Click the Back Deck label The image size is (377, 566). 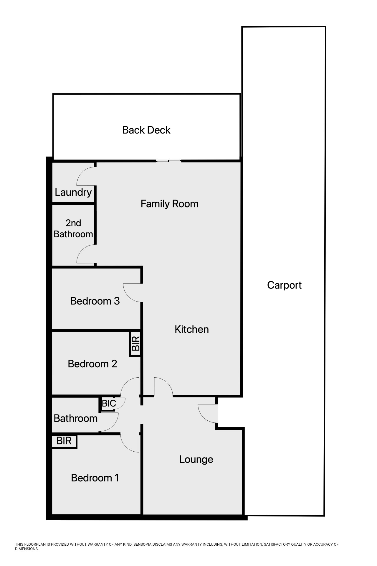click(146, 130)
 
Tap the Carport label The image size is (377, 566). click(284, 285)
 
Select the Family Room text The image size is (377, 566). click(169, 204)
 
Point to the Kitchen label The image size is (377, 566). click(191, 329)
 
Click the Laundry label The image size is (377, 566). click(73, 192)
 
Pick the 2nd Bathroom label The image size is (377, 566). click(73, 228)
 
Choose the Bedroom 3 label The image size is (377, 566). click(95, 301)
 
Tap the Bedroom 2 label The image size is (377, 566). click(92, 364)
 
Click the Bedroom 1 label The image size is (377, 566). click(95, 478)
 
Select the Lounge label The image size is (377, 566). click(196, 459)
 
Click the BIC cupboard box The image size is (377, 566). click(109, 403)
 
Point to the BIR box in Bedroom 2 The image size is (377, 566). click(135, 344)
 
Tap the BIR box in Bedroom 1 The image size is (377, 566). click(64, 441)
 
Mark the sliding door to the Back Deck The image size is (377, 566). click(168, 161)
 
